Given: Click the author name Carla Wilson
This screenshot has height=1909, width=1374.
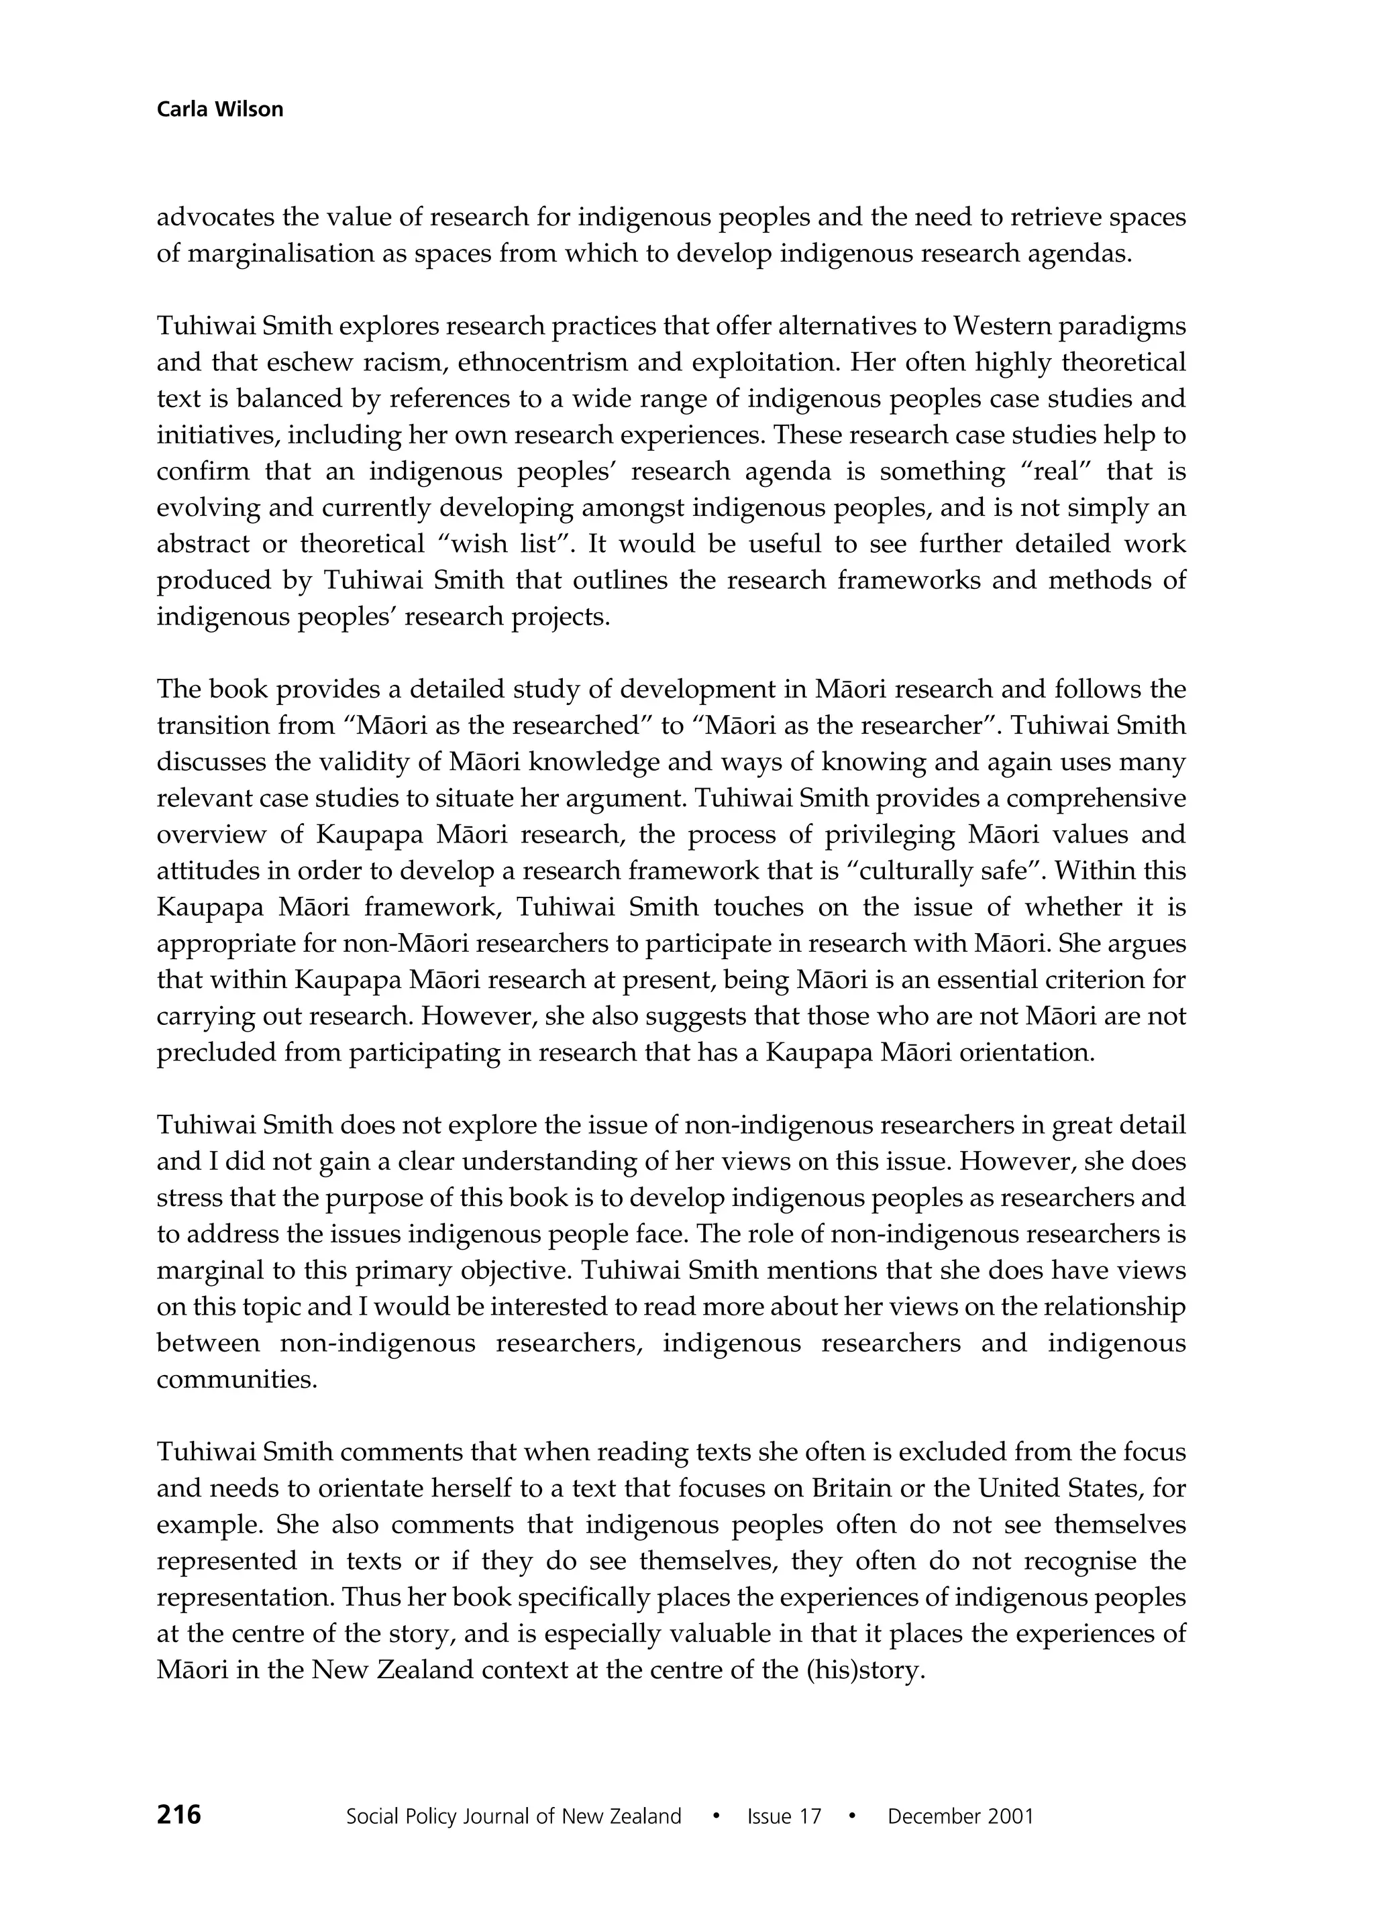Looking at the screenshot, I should (220, 109).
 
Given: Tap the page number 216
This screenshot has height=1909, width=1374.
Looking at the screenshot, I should (178, 1814).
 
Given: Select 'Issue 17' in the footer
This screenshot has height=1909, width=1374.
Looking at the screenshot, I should (783, 1816).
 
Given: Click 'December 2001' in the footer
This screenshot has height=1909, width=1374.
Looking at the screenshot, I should (960, 1816).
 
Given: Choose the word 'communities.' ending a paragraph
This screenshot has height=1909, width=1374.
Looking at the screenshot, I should (237, 1380).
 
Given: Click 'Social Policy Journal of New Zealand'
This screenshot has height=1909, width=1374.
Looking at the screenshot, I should (513, 1816).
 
